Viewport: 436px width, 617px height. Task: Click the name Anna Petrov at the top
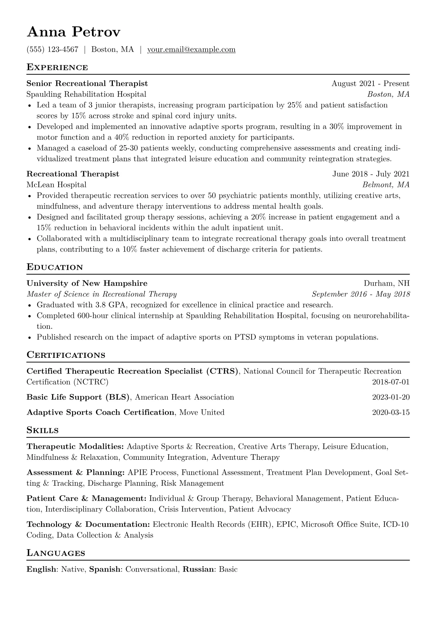pyautogui.click(x=73, y=33)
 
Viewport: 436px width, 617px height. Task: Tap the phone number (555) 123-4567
pyautogui.click(x=52, y=49)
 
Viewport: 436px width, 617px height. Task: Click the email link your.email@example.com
pyautogui.click(x=191, y=49)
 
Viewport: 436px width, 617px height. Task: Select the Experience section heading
pyautogui.click(x=57, y=67)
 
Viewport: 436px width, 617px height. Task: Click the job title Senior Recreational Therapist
pyautogui.click(x=87, y=84)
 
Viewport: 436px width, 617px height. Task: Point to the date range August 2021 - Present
pyautogui.click(x=370, y=84)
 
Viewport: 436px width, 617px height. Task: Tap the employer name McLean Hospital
pyautogui.click(x=56, y=185)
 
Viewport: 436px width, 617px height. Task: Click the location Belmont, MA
pyautogui.click(x=386, y=185)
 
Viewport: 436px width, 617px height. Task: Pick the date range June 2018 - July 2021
pyautogui.click(x=371, y=174)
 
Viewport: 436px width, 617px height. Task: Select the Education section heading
pyautogui.click(x=55, y=267)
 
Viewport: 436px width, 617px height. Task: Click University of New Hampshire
pyautogui.click(x=87, y=283)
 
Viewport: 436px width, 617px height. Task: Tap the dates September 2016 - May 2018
pyautogui.click(x=361, y=294)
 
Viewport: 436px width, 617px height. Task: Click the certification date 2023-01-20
pyautogui.click(x=391, y=397)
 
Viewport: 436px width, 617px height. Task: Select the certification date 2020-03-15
pyautogui.click(x=391, y=412)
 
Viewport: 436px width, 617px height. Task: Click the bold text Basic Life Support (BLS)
pyautogui.click(x=78, y=397)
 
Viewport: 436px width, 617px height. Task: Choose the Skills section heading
pyautogui.click(x=43, y=430)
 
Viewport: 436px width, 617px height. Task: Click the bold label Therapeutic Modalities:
pyautogui.click(x=75, y=447)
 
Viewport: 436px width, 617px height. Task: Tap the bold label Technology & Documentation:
pyautogui.click(x=88, y=525)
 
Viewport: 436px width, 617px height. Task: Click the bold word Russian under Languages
pyautogui.click(x=198, y=570)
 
